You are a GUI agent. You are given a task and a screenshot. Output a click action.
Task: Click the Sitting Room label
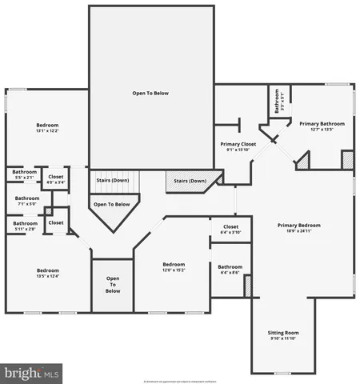pos(282,331)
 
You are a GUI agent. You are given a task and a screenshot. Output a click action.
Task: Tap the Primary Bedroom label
pos(298,226)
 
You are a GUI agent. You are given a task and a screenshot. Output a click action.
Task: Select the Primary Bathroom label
pos(322,124)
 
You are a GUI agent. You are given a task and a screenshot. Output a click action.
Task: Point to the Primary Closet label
pos(238,144)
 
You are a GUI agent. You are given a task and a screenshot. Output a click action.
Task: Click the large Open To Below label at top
pos(150,94)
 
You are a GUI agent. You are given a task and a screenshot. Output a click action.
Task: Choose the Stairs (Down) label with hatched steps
pos(190,181)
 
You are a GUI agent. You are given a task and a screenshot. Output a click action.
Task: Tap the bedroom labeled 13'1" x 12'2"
pos(47,126)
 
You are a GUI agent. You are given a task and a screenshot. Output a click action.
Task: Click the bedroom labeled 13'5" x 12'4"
pos(47,270)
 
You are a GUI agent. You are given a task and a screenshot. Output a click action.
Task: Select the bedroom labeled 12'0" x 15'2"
pos(174,265)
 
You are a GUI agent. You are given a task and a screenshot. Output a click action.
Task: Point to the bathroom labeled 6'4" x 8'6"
pos(230,266)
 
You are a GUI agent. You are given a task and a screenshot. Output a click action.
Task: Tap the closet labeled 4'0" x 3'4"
pos(56,177)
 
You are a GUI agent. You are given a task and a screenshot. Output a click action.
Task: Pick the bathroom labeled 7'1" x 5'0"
pos(26,198)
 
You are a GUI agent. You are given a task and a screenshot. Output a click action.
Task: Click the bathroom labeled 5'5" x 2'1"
pos(24,172)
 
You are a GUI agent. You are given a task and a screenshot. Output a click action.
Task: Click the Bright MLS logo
pos(32,373)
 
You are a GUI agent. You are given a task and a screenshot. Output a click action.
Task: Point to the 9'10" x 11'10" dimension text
pos(282,338)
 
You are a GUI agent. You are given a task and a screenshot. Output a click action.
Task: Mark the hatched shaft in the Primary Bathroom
pos(346,159)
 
